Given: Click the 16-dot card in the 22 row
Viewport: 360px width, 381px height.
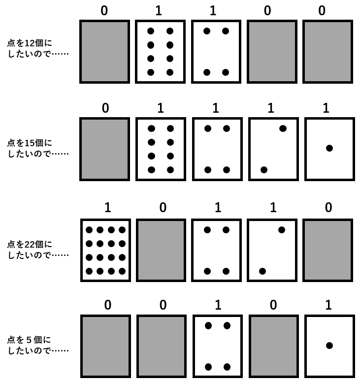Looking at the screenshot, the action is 105,250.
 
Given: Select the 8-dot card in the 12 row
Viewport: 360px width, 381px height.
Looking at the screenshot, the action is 160,51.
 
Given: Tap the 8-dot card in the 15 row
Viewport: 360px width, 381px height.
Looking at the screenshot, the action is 161,149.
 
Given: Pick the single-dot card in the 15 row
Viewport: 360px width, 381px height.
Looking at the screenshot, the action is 329,149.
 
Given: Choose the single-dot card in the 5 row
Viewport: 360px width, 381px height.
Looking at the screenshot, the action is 329,346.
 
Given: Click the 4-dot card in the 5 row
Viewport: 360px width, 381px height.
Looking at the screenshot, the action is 217,346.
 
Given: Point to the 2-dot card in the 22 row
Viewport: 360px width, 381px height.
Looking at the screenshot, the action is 272,250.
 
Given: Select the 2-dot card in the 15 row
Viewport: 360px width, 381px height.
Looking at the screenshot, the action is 273,149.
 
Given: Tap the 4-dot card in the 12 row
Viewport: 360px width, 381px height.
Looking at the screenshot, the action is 216,51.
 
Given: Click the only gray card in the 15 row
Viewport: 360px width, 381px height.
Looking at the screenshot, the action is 105,149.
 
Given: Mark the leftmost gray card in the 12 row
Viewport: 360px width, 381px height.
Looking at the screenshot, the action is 104,51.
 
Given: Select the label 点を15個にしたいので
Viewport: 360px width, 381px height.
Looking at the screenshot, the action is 38,148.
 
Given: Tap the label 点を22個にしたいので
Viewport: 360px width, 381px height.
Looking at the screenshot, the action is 38,249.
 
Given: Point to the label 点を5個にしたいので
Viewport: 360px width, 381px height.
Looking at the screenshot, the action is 38,345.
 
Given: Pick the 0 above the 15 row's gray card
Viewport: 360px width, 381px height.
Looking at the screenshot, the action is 105,108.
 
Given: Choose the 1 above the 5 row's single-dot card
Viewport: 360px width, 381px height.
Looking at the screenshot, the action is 328,305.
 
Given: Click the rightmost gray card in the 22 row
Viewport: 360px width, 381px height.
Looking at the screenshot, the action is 327,250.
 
